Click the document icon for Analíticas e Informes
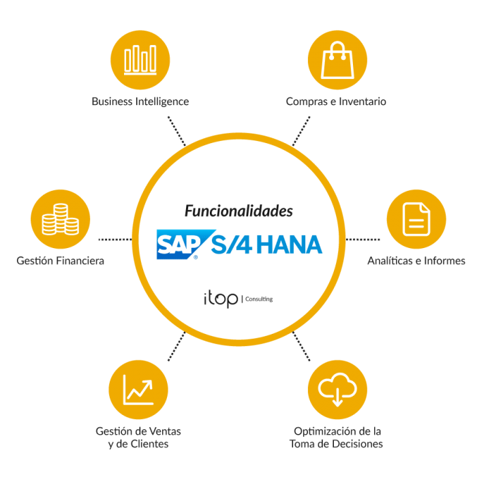[416, 219]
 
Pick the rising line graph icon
[138, 390]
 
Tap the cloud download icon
[337, 389]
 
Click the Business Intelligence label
[140, 102]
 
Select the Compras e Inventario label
[336, 102]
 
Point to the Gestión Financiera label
[60, 261]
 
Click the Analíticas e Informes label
[416, 261]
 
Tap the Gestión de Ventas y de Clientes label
[139, 437]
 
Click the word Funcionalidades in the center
[238, 211]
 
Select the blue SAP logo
[177, 244]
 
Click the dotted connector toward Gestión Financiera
[116, 240]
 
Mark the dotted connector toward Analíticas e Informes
[363, 240]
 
